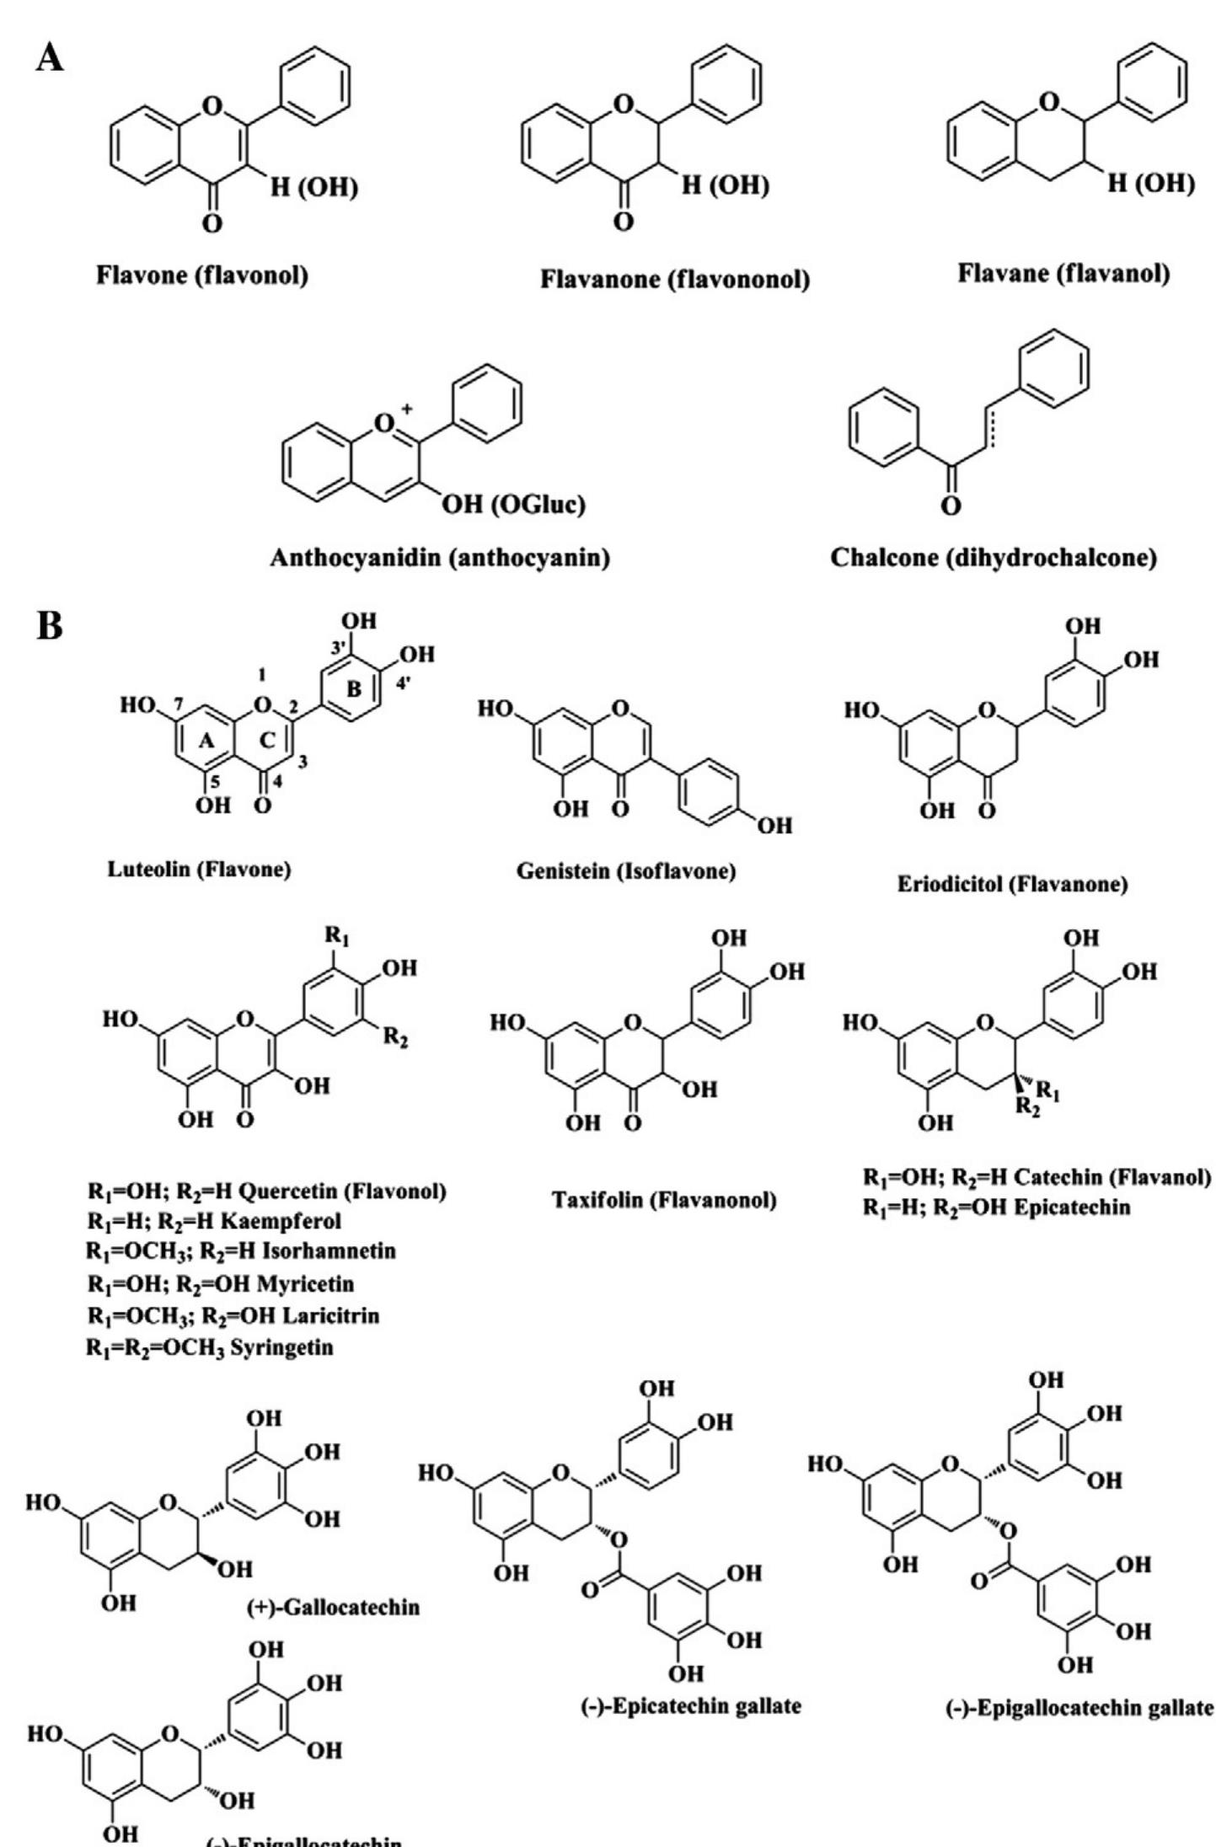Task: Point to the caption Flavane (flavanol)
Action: [x=1063, y=273]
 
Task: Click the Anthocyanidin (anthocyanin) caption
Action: [x=439, y=558]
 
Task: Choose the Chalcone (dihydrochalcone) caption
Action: [x=994, y=558]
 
